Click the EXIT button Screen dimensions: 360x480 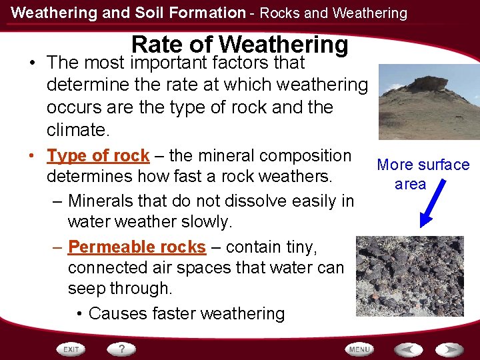[71, 349]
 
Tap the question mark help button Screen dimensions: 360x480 [122, 349]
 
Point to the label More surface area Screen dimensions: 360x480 [423, 174]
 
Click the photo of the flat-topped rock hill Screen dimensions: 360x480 [429, 102]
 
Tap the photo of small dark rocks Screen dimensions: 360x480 [409, 275]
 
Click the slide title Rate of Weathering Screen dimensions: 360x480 [240, 44]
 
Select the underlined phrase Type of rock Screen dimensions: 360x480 [98, 156]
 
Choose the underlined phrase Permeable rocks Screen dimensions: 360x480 [137, 247]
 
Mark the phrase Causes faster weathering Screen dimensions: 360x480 [187, 313]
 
